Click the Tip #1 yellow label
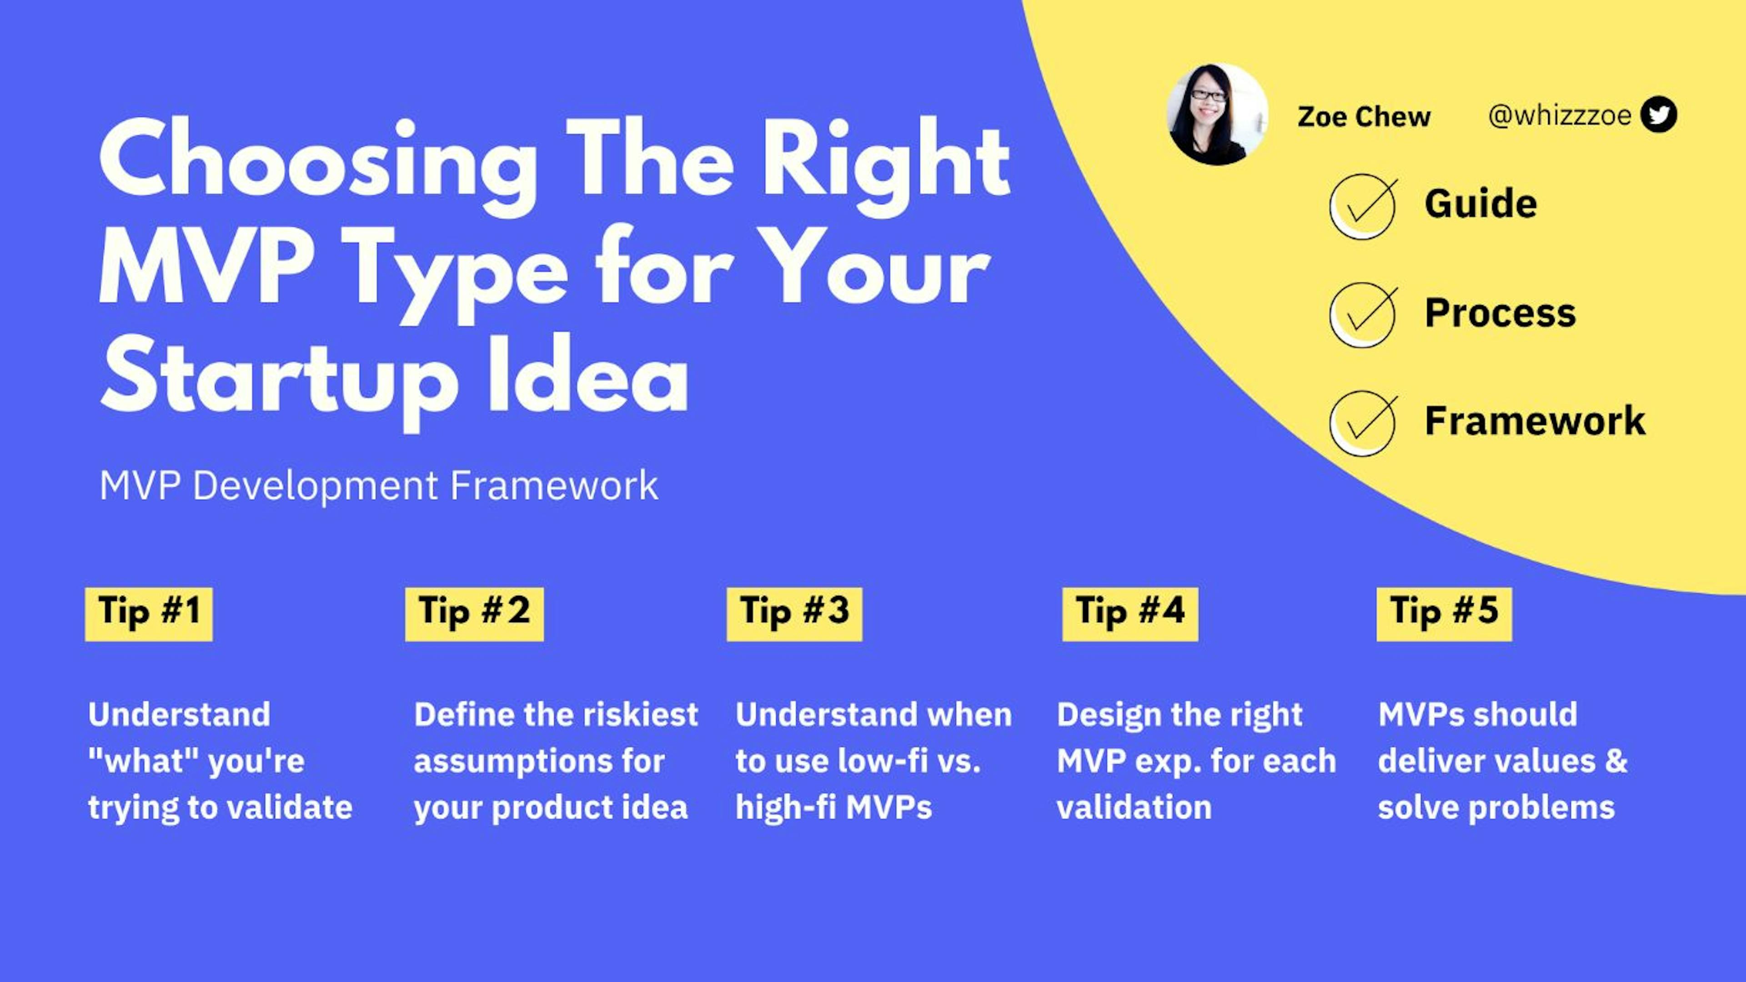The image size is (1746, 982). click(148, 613)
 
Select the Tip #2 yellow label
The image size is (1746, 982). click(474, 613)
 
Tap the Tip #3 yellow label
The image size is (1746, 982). click(794, 613)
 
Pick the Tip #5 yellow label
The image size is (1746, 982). click(1444, 613)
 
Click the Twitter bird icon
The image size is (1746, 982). click(1659, 115)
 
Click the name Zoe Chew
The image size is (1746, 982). click(1363, 116)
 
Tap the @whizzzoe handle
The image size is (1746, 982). click(1559, 115)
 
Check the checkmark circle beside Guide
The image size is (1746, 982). click(1362, 206)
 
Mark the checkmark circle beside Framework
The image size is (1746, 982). click(1362, 423)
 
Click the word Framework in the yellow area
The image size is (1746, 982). click(1535, 420)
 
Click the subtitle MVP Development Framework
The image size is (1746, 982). click(378, 486)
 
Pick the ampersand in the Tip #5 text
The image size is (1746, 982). click(1616, 761)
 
